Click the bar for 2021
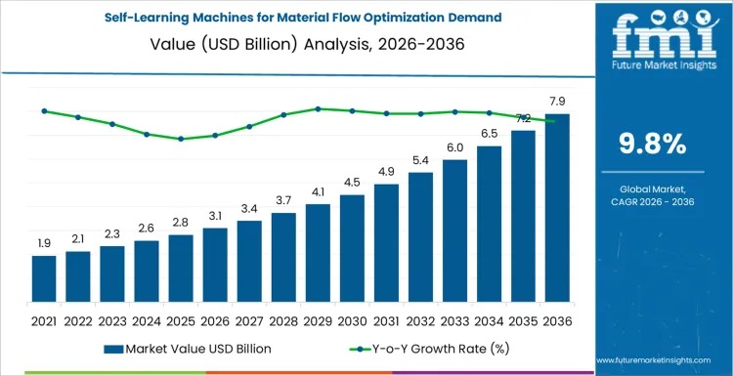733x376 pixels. coord(44,278)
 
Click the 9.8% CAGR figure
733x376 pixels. coord(652,144)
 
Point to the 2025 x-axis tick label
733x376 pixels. coord(181,319)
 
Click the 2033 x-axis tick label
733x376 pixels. coord(454,319)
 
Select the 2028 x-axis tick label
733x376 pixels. coord(283,319)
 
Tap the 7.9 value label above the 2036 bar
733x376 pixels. coord(557,101)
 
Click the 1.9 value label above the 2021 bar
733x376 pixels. coord(44,243)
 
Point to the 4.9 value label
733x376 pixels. coord(386,171)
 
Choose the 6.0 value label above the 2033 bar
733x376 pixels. coord(454,146)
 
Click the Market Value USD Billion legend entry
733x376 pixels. coord(187,348)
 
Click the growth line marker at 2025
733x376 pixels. coord(181,139)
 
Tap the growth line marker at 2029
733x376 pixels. coord(318,108)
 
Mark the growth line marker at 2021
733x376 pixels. coord(44,110)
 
